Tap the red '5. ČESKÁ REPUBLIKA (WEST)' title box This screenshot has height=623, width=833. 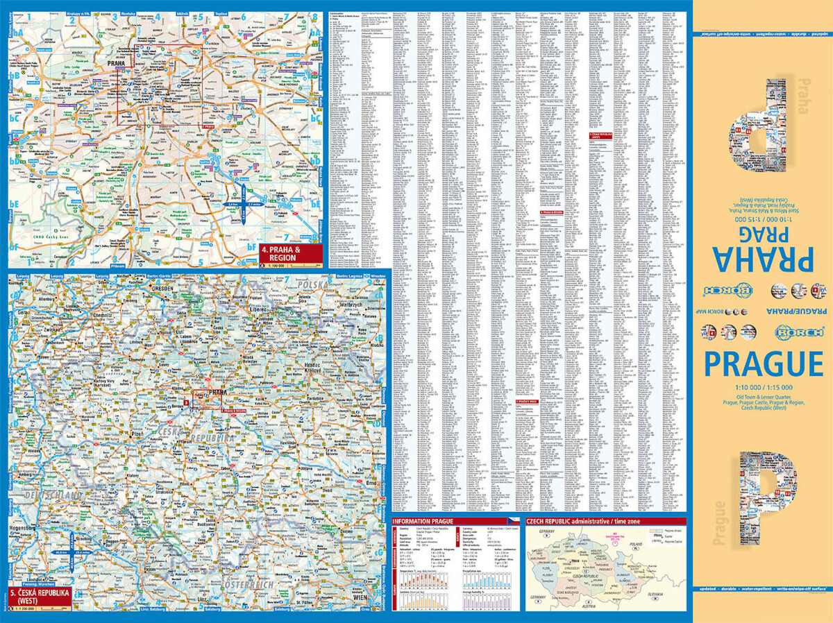[40, 598]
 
